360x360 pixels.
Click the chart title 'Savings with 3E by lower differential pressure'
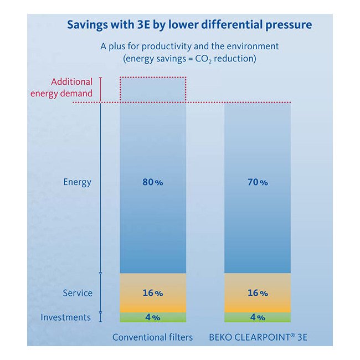(x=189, y=25)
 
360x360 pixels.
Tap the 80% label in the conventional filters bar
(x=152, y=182)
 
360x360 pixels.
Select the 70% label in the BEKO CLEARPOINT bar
(x=258, y=182)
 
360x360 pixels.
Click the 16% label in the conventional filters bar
(x=152, y=293)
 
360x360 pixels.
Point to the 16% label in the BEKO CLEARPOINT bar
(x=258, y=293)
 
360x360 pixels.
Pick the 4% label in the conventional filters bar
(x=152, y=317)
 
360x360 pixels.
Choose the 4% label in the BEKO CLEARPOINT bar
(x=258, y=317)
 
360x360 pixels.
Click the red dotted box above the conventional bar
(x=153, y=90)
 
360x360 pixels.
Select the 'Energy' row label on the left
(x=78, y=182)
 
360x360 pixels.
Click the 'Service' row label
(x=77, y=293)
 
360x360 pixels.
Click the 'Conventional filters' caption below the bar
(x=152, y=337)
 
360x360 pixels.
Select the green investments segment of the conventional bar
(x=133, y=317)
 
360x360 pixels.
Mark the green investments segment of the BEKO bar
(x=277, y=317)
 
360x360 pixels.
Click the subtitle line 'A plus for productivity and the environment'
(x=189, y=47)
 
